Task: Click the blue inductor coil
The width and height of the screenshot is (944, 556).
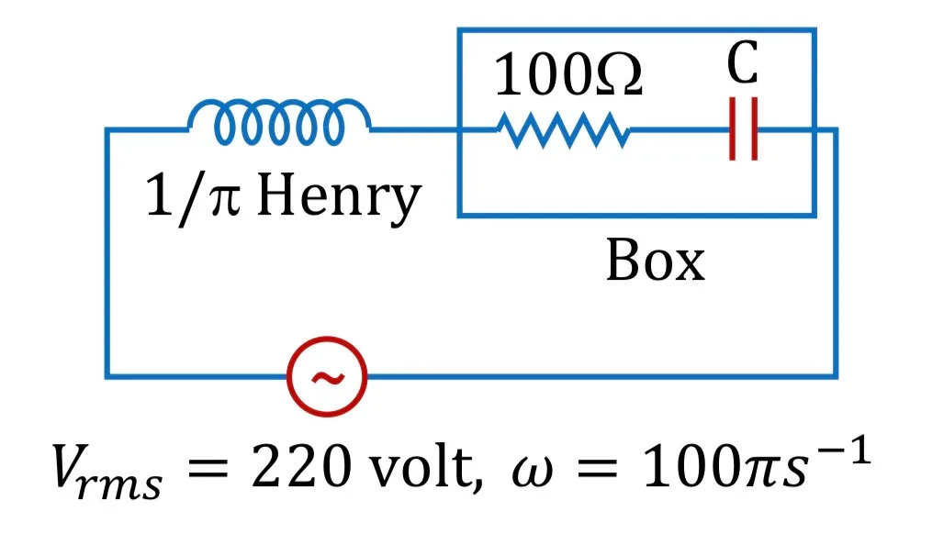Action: [x=279, y=104]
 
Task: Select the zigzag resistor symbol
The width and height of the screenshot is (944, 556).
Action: [x=564, y=129]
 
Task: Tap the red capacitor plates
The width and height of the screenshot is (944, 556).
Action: [x=744, y=128]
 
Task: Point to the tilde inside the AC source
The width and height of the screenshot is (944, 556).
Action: [x=328, y=378]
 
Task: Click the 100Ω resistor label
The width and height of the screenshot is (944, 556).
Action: [x=568, y=74]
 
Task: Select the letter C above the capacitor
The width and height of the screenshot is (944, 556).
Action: [x=742, y=62]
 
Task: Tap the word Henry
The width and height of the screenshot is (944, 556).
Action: [x=339, y=195]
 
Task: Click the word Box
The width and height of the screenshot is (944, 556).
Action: [x=655, y=261]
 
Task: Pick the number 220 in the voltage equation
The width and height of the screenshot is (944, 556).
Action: [x=301, y=466]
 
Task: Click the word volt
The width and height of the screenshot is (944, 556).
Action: [x=425, y=466]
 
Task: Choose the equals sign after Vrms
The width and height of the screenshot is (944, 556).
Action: [x=208, y=468]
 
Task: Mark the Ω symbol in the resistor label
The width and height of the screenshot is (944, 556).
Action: [x=620, y=74]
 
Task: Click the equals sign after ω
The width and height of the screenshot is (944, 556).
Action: [x=597, y=468]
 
